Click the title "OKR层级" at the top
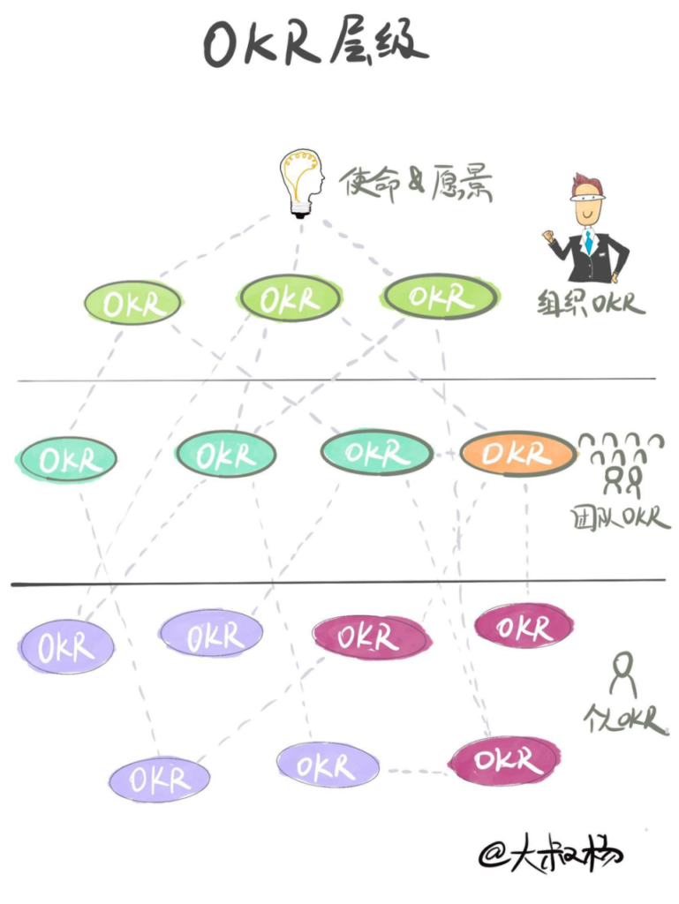315,42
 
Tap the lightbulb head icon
301,184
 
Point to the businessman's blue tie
588,241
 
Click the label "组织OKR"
592,303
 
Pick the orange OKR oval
518,453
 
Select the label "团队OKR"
620,517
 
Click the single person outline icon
622,674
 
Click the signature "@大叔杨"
550,852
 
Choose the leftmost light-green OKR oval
132,302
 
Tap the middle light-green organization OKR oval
290,298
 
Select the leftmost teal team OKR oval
68,459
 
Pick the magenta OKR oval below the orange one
524,626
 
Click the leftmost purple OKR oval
66,647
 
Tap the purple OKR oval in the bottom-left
159,780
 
